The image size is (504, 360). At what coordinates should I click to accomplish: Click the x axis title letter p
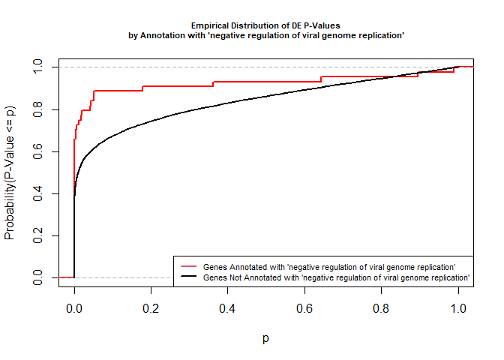266,338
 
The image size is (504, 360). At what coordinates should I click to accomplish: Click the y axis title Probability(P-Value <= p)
10,172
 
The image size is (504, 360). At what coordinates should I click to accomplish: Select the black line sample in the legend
188,277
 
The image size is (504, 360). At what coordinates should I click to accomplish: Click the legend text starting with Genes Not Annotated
337,277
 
